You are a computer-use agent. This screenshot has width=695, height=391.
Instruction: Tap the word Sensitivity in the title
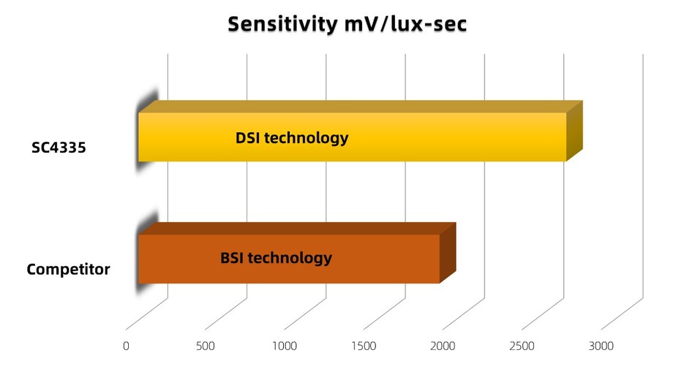[x=282, y=24]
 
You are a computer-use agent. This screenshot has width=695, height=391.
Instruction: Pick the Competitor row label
[x=68, y=270]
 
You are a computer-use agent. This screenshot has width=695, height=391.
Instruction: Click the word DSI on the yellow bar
[x=248, y=137]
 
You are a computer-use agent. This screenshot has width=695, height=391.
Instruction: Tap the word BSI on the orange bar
[x=233, y=258]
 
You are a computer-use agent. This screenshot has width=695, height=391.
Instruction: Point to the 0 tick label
[x=127, y=346]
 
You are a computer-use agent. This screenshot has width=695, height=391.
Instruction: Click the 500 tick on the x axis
[x=206, y=346]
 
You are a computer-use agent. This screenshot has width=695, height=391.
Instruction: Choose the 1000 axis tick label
[x=285, y=346]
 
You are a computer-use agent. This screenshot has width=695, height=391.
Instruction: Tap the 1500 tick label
[x=364, y=346]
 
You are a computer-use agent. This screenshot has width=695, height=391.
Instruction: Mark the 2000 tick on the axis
[x=443, y=346]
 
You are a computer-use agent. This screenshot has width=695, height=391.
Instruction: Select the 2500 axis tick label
[x=522, y=346]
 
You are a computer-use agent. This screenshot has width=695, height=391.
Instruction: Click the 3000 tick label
[x=601, y=346]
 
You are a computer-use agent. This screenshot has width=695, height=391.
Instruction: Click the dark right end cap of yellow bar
[x=574, y=132]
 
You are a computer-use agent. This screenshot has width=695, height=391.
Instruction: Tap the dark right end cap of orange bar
[x=448, y=253]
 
